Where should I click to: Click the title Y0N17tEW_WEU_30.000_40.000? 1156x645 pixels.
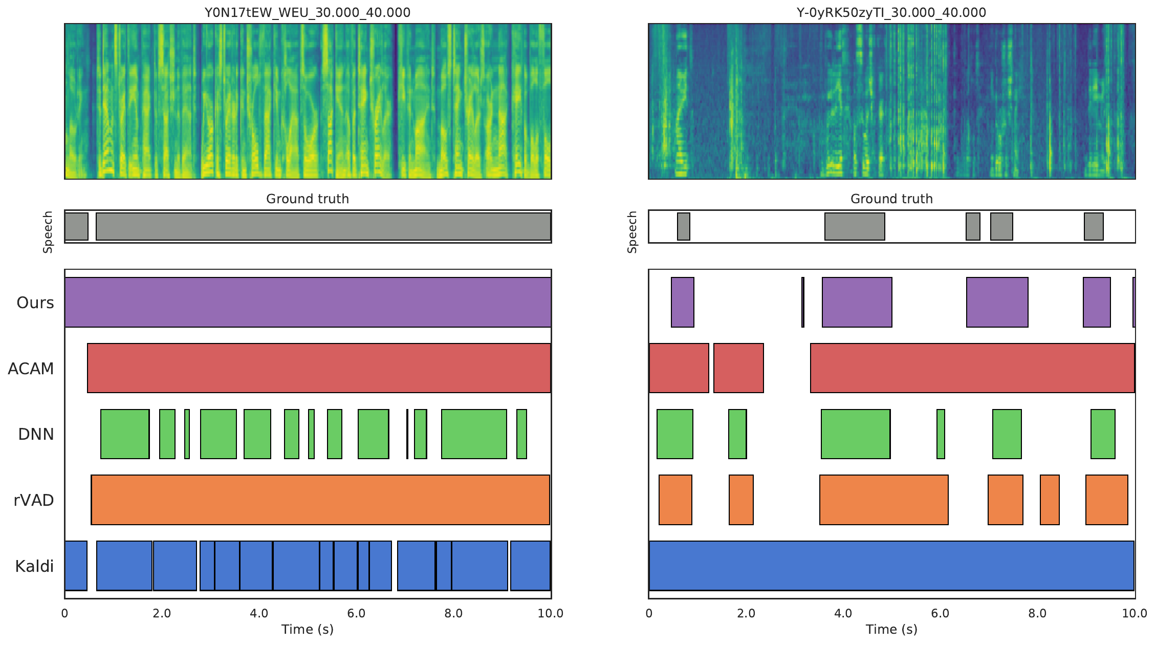308,12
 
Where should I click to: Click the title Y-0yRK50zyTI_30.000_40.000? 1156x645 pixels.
891,12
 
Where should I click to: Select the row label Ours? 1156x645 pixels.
35,303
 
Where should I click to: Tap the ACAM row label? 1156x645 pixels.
31,369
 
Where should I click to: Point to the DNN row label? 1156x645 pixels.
36,434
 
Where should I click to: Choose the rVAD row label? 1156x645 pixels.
34,500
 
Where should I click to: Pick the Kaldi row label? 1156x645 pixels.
34,566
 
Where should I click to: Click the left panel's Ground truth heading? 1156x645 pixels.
308,199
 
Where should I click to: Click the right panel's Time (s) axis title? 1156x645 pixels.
891,629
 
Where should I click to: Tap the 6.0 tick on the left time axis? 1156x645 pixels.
356,613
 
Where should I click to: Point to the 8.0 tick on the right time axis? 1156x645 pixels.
1037,613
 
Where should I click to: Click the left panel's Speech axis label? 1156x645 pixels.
48,232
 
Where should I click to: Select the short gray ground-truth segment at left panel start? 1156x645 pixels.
76,226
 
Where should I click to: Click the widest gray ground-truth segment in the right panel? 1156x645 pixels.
855,226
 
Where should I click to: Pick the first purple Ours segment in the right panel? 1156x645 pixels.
682,302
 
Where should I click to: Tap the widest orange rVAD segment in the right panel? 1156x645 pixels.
884,500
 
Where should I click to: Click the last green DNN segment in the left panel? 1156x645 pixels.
521,434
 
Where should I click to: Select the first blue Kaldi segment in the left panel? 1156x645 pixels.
76,566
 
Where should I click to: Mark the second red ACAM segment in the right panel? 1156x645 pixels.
738,368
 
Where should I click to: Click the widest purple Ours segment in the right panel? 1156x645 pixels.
857,302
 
